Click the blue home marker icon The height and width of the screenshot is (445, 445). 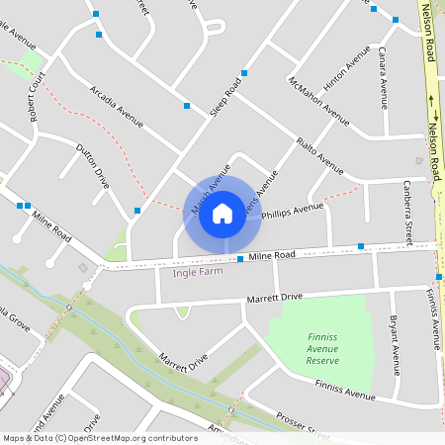[x=222, y=213]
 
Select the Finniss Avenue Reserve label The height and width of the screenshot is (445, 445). [x=322, y=348]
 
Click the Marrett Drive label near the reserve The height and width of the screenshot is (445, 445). [x=275, y=297]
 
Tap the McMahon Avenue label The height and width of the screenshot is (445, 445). [x=318, y=101]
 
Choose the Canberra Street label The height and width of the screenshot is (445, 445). [x=408, y=213]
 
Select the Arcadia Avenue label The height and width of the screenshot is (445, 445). [x=117, y=106]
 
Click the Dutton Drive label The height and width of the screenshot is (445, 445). [x=93, y=165]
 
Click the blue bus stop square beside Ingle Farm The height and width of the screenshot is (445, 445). [x=240, y=259]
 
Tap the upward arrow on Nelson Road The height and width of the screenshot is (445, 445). [x=432, y=100]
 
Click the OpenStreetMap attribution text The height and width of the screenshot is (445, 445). [x=99, y=437]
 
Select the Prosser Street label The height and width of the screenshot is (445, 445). [x=303, y=425]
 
